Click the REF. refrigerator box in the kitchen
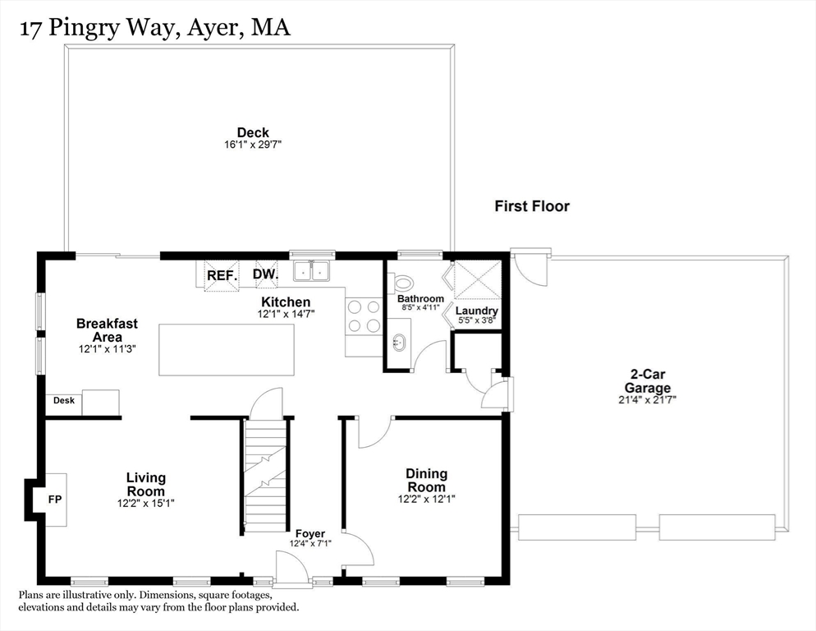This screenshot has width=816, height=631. (x=222, y=275)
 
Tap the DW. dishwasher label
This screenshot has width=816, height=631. (x=265, y=274)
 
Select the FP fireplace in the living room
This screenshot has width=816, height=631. (x=55, y=498)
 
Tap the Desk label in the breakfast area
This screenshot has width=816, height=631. (x=64, y=401)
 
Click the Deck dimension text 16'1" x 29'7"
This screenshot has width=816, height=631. (x=253, y=145)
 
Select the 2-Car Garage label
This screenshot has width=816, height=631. (x=647, y=380)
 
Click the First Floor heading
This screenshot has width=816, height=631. (x=531, y=207)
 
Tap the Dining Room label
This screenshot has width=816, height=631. (x=426, y=480)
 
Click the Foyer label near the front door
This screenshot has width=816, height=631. (x=310, y=534)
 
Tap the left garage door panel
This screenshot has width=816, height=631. (x=573, y=527)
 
